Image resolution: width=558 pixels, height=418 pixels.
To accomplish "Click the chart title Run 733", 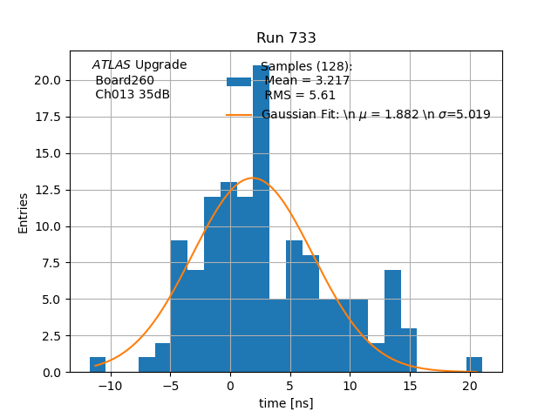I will tap(286, 38).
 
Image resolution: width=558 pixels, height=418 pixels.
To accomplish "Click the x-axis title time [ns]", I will tap(286, 403).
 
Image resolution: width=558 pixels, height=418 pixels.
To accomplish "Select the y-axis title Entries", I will tap(24, 212).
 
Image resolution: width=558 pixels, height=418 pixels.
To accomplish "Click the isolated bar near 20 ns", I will tap(474, 365).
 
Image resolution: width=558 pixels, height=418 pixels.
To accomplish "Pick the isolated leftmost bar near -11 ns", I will tap(98, 365).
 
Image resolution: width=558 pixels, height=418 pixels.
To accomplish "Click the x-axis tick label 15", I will tap(410, 385).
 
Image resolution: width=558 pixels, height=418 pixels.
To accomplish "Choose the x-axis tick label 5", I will tap(289, 385).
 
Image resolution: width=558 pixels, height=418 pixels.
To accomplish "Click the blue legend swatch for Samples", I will tap(239, 81).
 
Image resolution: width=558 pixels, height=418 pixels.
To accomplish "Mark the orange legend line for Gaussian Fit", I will tap(239, 115).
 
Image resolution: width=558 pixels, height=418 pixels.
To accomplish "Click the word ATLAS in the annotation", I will tap(112, 65).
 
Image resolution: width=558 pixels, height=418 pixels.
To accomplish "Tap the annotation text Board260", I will tap(125, 80).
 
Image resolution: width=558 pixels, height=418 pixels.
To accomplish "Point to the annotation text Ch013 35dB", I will tap(133, 94).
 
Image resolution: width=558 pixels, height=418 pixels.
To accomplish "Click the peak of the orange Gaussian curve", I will tap(252, 179).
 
